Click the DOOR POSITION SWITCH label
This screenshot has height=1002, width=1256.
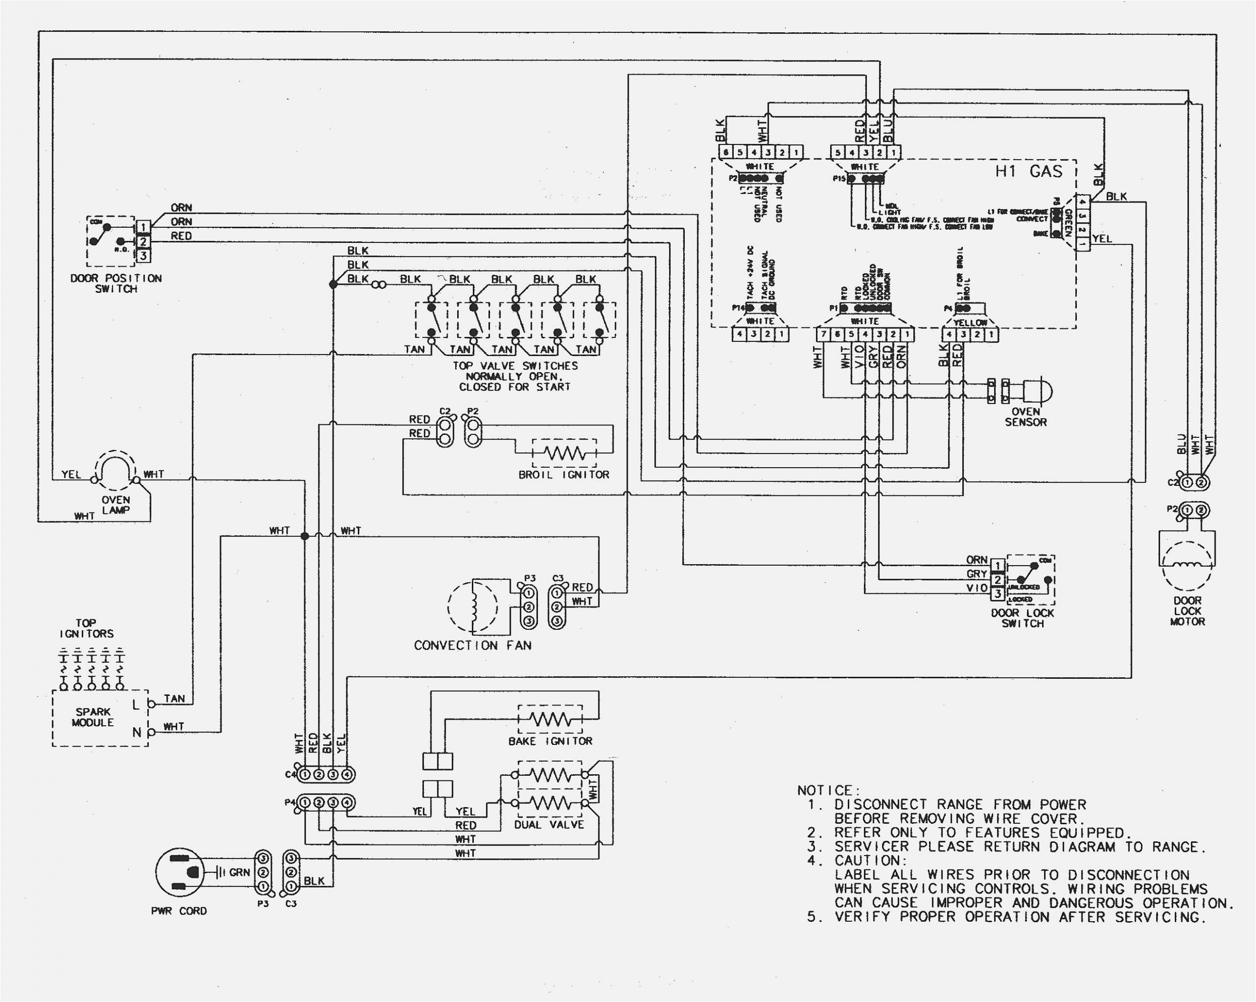[116, 283]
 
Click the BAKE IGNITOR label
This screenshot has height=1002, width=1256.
[550, 741]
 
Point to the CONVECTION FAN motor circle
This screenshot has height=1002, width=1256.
[472, 606]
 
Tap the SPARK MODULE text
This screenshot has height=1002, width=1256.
[93, 717]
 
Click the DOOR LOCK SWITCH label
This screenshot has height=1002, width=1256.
[1022, 618]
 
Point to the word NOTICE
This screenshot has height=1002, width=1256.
[827, 790]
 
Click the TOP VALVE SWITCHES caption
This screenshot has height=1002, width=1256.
[515, 376]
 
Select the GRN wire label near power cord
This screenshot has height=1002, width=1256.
[239, 872]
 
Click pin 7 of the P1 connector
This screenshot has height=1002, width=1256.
[823, 334]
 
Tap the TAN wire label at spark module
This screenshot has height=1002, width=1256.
[174, 698]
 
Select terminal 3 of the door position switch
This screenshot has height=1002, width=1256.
[143, 256]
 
